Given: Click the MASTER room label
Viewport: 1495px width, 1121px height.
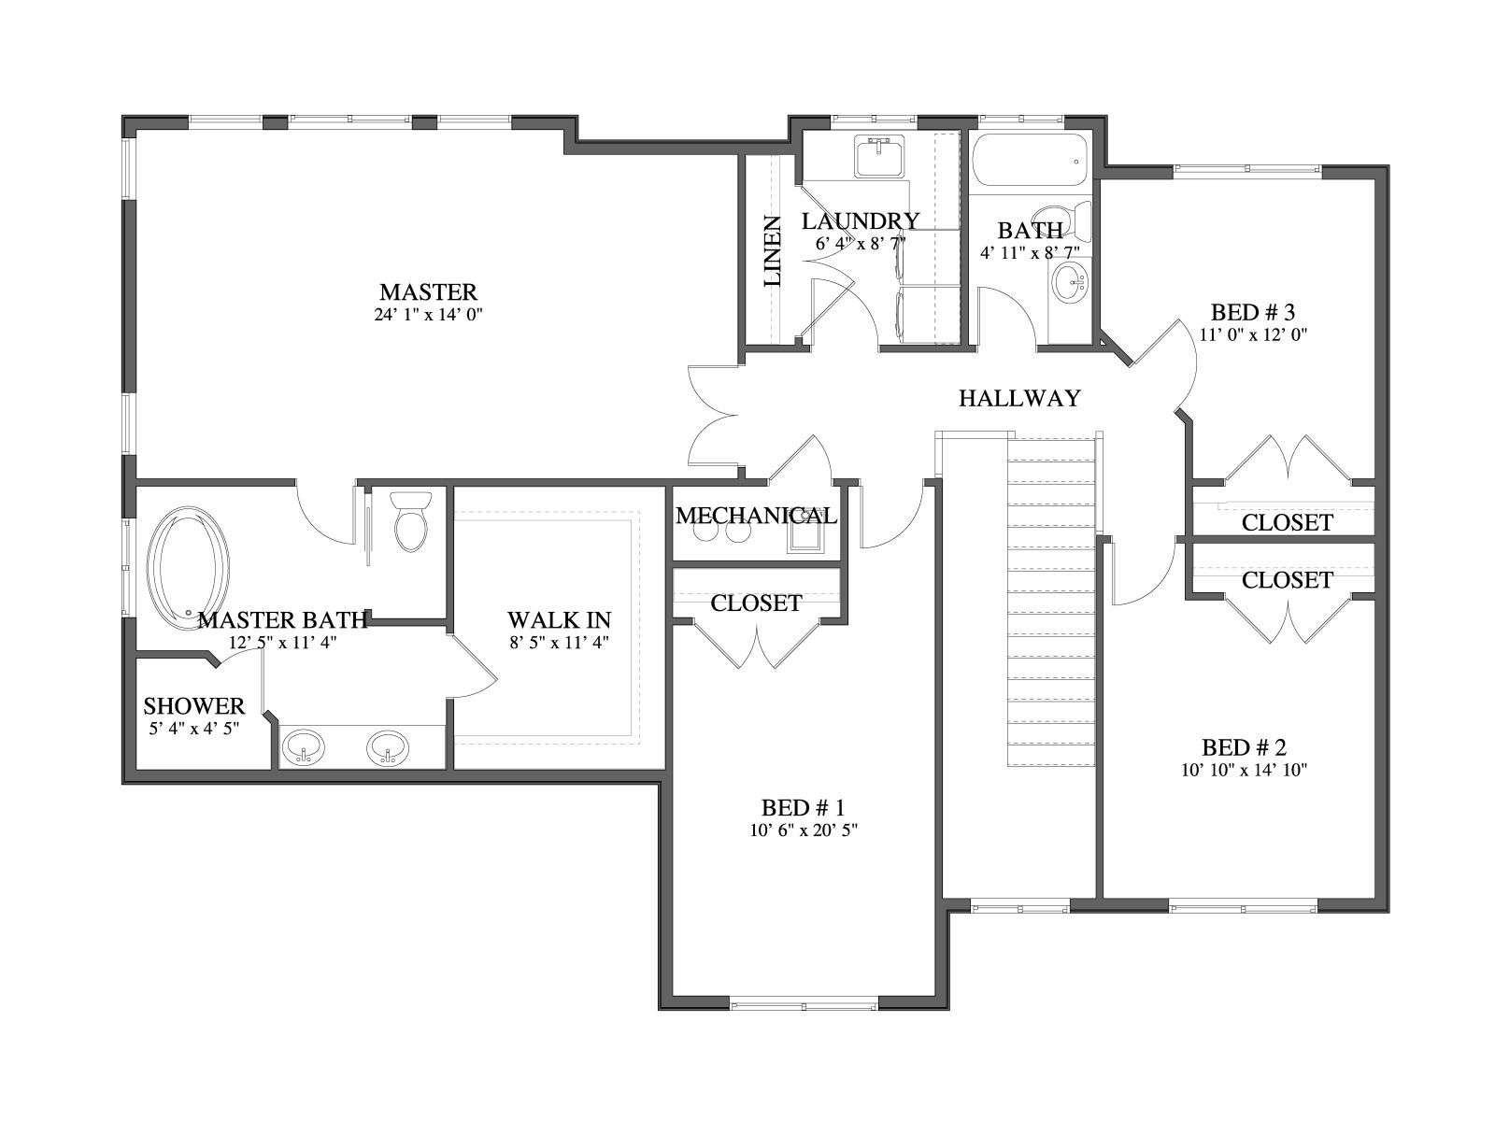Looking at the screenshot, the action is pyautogui.click(x=428, y=292).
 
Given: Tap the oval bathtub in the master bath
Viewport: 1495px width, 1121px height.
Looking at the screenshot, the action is pyautogui.click(x=188, y=568).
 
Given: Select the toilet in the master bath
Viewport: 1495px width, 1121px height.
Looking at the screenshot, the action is pyautogui.click(x=411, y=520).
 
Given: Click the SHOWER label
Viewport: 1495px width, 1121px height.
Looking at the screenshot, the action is pyautogui.click(x=194, y=706).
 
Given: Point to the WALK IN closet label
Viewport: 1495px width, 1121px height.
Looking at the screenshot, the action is pyautogui.click(x=559, y=620).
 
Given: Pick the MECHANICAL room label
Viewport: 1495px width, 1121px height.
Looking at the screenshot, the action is pyautogui.click(x=756, y=516).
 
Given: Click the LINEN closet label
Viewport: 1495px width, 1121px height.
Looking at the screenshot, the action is pyautogui.click(x=772, y=250).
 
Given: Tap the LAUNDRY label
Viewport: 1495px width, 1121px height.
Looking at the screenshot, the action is pyautogui.click(x=861, y=221).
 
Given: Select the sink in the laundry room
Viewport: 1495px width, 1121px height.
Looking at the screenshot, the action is pyautogui.click(x=880, y=156).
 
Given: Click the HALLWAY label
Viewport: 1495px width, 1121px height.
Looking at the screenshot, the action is pyautogui.click(x=1019, y=398).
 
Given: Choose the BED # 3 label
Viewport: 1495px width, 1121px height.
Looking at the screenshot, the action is pyautogui.click(x=1253, y=312).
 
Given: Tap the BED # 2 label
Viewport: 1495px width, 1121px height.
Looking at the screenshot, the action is pyautogui.click(x=1244, y=748).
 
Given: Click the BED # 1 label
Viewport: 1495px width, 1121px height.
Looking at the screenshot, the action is pyautogui.click(x=803, y=808).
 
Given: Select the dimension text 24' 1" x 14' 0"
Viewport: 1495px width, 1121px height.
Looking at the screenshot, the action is pyautogui.click(x=428, y=315).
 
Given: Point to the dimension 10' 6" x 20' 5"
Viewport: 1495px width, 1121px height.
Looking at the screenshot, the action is pyautogui.click(x=803, y=830).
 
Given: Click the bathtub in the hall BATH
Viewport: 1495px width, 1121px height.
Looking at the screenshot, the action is pyautogui.click(x=1029, y=160).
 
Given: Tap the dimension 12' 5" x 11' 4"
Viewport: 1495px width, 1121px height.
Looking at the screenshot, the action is pyautogui.click(x=283, y=643).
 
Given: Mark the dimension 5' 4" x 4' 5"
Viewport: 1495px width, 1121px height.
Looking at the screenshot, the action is pyautogui.click(x=194, y=729).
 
